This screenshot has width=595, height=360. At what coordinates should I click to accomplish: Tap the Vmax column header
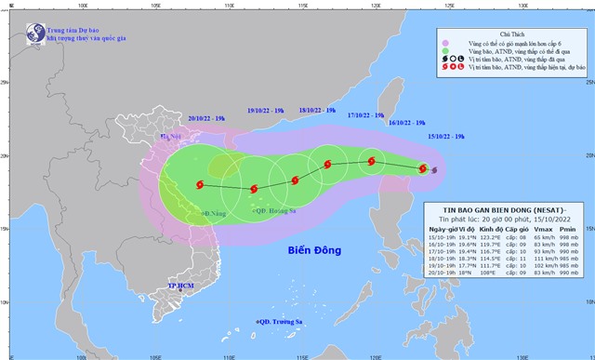pyautogui.click(x=542, y=229)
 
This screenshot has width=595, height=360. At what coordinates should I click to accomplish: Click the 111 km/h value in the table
pyautogui.click(x=543, y=259)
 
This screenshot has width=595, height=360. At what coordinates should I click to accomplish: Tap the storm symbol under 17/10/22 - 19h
pyautogui.click(x=371, y=161)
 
